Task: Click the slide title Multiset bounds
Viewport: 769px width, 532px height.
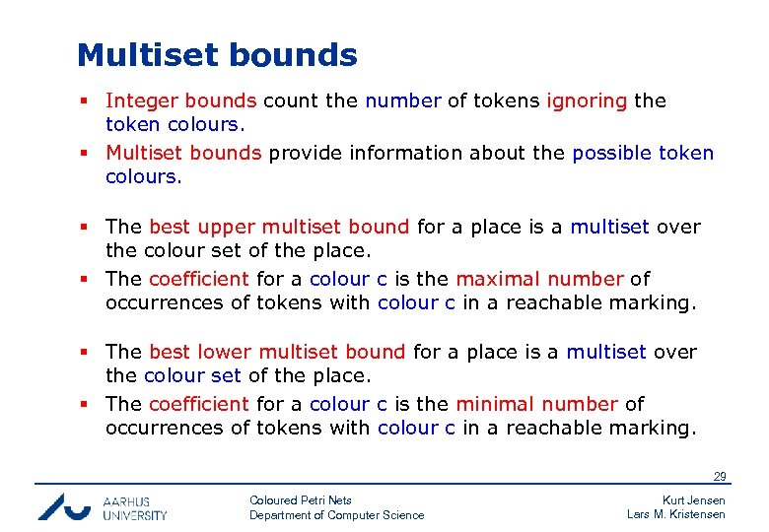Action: [x=217, y=55]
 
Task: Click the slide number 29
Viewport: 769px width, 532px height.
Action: [x=720, y=478]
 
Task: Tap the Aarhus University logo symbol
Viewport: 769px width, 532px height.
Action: [x=64, y=505]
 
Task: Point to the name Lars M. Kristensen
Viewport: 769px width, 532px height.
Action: [x=676, y=514]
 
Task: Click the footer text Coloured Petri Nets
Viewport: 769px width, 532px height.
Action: [x=301, y=500]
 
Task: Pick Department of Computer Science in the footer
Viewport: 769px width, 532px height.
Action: [x=336, y=515]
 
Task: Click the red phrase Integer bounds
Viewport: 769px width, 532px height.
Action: [x=181, y=100]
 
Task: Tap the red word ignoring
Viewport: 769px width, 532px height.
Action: [x=587, y=100]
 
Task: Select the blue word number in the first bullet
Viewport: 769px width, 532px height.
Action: [x=403, y=100]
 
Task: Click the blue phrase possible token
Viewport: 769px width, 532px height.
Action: [x=643, y=153]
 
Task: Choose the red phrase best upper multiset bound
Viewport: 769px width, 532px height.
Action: [x=279, y=227]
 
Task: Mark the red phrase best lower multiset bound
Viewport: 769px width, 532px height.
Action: [x=277, y=352]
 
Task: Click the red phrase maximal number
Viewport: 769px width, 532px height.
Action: [x=539, y=279]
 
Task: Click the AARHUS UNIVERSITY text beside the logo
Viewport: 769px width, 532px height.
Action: [x=135, y=507]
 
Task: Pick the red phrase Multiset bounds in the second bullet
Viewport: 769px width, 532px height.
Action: [x=183, y=153]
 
